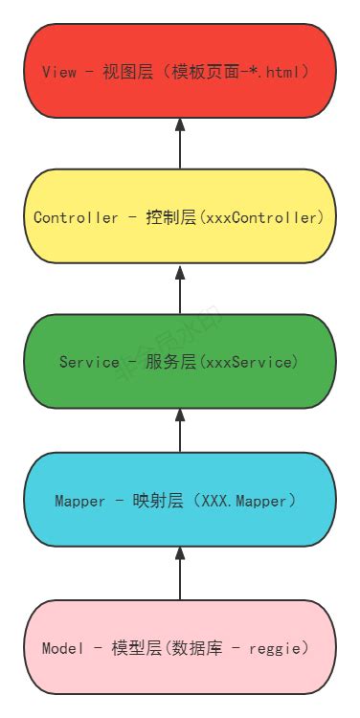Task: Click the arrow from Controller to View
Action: click(x=180, y=144)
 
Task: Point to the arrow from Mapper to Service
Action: click(x=180, y=431)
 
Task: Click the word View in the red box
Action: click(x=58, y=73)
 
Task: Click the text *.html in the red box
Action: click(x=290, y=73)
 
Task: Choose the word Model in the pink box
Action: click(x=62, y=648)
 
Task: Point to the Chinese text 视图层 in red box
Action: click(x=129, y=73)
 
